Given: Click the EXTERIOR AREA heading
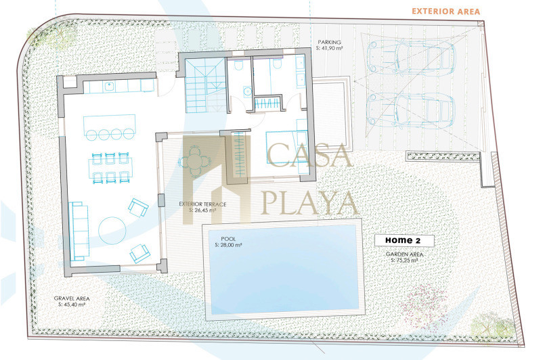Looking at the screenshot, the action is pyautogui.click(x=446, y=12).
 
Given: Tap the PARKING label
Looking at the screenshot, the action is pyautogui.click(x=329, y=42).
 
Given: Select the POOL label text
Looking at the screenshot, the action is pyautogui.click(x=228, y=239).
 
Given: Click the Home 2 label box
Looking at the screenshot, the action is pyautogui.click(x=404, y=241).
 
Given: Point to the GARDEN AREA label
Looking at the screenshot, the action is pyautogui.click(x=404, y=254).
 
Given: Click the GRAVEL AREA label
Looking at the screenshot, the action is pyautogui.click(x=72, y=298).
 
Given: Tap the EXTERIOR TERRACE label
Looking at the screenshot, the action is pyautogui.click(x=202, y=204).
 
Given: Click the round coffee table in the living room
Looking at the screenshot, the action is pyautogui.click(x=112, y=231).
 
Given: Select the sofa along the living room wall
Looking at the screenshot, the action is pyautogui.click(x=79, y=231).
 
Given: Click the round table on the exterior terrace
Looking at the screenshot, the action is pyautogui.click(x=195, y=162).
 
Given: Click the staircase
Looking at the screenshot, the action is pyautogui.click(x=205, y=85).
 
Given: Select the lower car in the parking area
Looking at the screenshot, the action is pyautogui.click(x=410, y=110).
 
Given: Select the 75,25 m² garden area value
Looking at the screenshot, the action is pyautogui.click(x=404, y=261).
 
